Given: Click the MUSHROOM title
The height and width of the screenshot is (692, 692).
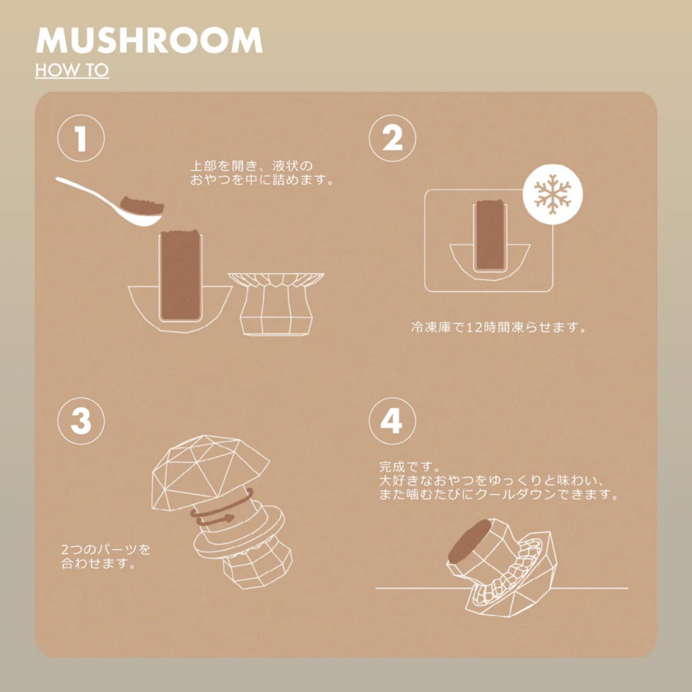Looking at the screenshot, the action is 149,40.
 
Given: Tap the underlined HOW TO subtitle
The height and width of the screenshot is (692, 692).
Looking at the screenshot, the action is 72,70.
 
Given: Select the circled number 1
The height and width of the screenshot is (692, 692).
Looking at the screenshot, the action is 81,138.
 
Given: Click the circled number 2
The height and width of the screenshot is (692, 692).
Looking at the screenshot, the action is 393,138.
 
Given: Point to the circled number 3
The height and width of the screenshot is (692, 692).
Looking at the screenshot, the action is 81,420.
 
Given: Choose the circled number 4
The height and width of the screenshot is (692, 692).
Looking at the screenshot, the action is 393,420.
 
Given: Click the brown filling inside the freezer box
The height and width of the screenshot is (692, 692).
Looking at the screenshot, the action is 491,235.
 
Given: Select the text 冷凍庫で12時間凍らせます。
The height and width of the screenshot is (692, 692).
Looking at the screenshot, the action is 498,328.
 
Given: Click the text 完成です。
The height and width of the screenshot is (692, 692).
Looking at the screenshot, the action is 410,467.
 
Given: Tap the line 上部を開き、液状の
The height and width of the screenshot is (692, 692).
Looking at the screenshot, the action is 251,166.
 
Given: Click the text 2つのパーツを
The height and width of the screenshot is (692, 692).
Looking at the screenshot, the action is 106,550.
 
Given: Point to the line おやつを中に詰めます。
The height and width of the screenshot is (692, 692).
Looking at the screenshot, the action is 262,179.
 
